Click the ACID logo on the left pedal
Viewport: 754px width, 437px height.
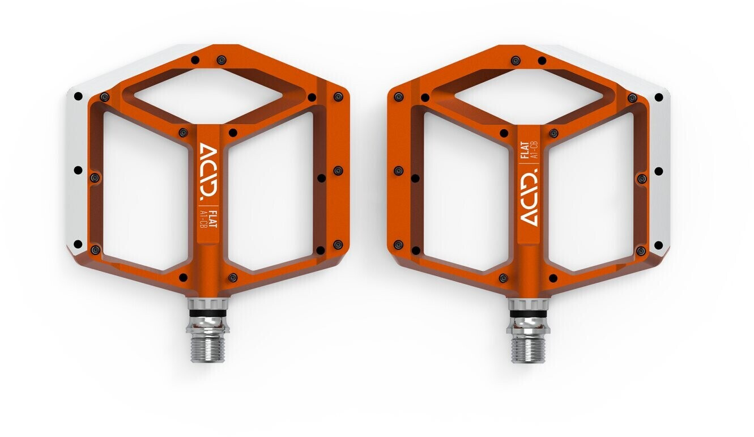(208, 171)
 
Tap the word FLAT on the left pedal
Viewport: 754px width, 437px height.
(212, 219)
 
